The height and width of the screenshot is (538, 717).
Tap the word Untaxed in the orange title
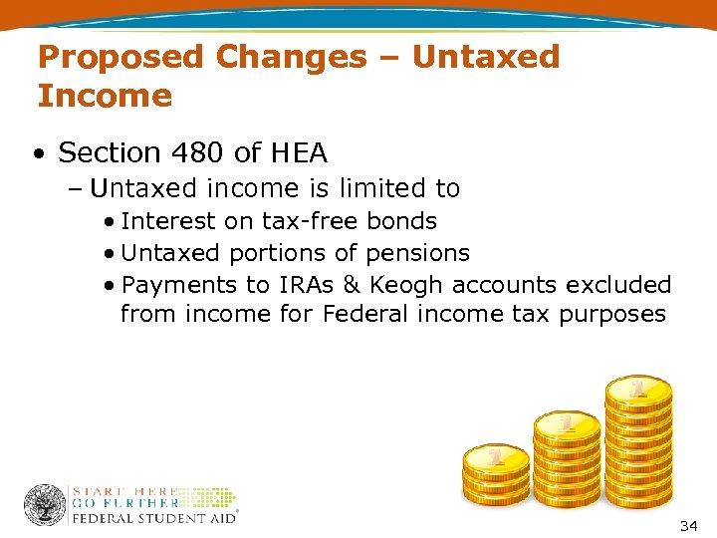(x=486, y=58)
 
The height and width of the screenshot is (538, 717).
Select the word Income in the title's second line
(x=105, y=97)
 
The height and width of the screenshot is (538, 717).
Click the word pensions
(x=418, y=253)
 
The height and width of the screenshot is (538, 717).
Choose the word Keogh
(x=407, y=285)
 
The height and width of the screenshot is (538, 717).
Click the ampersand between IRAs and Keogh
(x=351, y=285)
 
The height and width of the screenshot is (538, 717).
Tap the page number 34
(x=688, y=524)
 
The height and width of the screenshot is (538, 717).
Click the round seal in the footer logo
(x=45, y=505)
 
